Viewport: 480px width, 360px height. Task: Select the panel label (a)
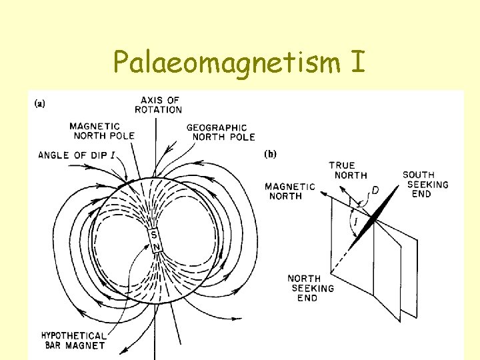tap(40, 104)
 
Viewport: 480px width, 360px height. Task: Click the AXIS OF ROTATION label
tap(158, 105)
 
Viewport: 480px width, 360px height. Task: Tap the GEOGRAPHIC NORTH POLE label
tap(220, 132)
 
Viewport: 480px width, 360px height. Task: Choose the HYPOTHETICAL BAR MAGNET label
tap(73, 341)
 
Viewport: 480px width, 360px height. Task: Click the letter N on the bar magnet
tap(157, 247)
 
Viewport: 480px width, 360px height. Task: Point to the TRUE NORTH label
tap(347, 170)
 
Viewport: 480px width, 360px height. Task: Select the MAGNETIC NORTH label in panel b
tap(290, 191)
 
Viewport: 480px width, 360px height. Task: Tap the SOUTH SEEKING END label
tap(425, 184)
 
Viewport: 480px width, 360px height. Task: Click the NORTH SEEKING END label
tap(311, 288)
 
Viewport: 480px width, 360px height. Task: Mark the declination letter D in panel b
tap(375, 191)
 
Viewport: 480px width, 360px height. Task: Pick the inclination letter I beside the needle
tap(355, 220)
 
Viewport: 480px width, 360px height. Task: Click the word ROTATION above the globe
tap(158, 109)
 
